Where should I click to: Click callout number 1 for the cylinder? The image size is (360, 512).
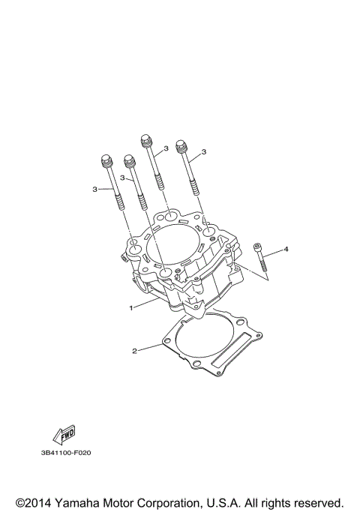[x=130, y=308]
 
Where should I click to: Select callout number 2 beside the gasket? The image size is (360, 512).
[x=134, y=350]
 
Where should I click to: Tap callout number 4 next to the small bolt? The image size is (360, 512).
[x=286, y=248]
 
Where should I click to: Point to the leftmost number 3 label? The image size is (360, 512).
[x=95, y=189]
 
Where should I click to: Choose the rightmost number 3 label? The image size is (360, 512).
[x=204, y=152]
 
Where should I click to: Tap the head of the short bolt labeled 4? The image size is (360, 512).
[x=257, y=246]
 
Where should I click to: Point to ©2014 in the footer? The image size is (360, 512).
[x=31, y=502]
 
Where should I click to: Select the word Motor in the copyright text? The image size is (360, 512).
[x=121, y=502]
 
